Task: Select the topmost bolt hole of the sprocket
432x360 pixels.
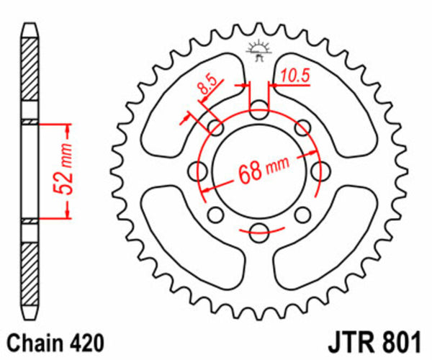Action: pyautogui.click(x=258, y=109)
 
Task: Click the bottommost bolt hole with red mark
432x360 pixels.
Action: pyautogui.click(x=258, y=230)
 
